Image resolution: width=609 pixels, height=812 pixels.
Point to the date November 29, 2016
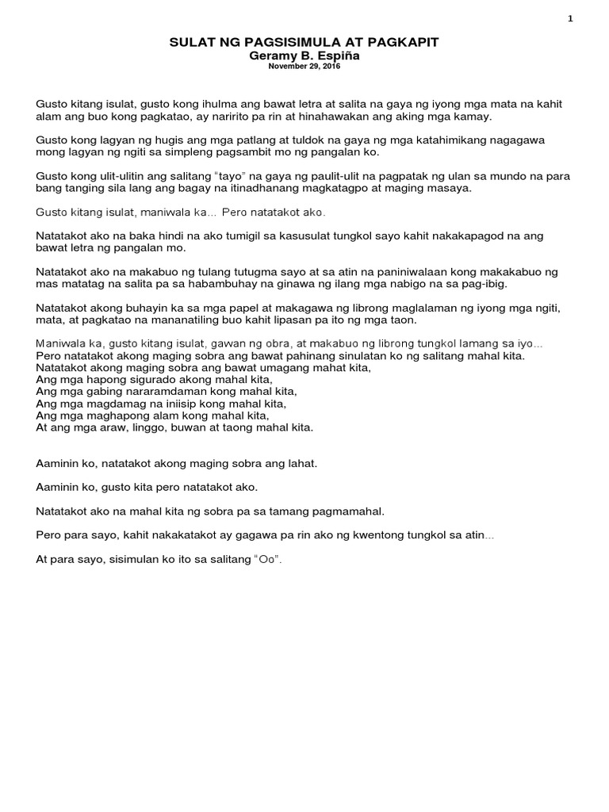click(304, 68)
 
